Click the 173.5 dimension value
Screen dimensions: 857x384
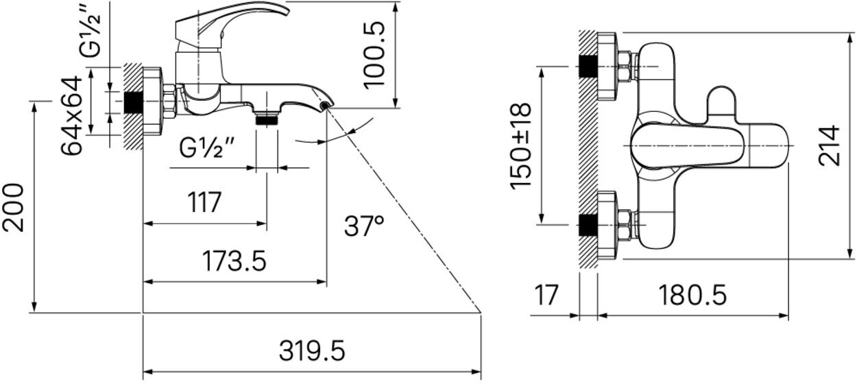coord(233,261)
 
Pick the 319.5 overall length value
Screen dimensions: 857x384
coord(312,352)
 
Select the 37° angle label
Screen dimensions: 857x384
coord(364,226)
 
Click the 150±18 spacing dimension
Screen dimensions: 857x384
coord(521,145)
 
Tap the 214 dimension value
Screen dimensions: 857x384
coord(830,145)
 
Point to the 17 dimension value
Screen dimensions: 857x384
coord(546,296)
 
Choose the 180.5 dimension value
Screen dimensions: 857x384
coord(692,296)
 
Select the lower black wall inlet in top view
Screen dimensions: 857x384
coord(588,224)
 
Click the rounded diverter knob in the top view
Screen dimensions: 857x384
coord(721,104)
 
